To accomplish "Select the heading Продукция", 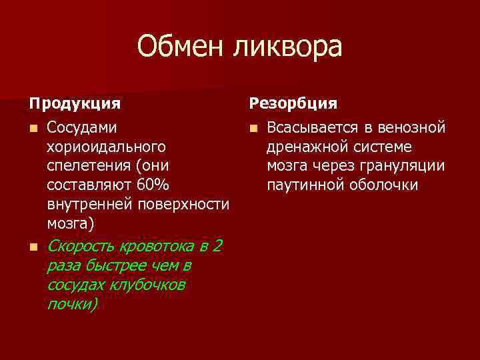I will pos(74,104).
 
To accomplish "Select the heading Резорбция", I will pos(293,104).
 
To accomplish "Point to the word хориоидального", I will pos(106,146).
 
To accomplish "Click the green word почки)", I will pos(72,304).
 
